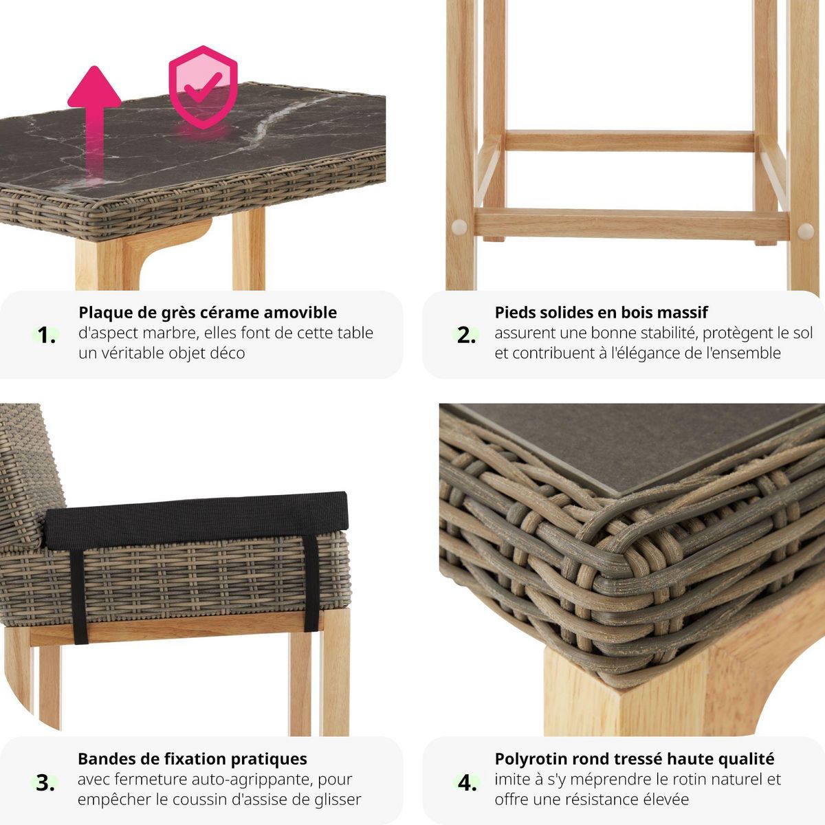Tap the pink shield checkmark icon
[x=203, y=87]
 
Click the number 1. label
[x=46, y=335]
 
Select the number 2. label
[x=466, y=335]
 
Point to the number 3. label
[x=45, y=783]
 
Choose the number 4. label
[x=467, y=783]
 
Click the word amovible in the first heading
[x=300, y=313]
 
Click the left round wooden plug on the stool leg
[x=459, y=228]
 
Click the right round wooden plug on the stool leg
[x=805, y=231]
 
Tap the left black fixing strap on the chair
[x=78, y=596]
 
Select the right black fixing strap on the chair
[x=311, y=583]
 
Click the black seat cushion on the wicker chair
[x=197, y=520]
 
